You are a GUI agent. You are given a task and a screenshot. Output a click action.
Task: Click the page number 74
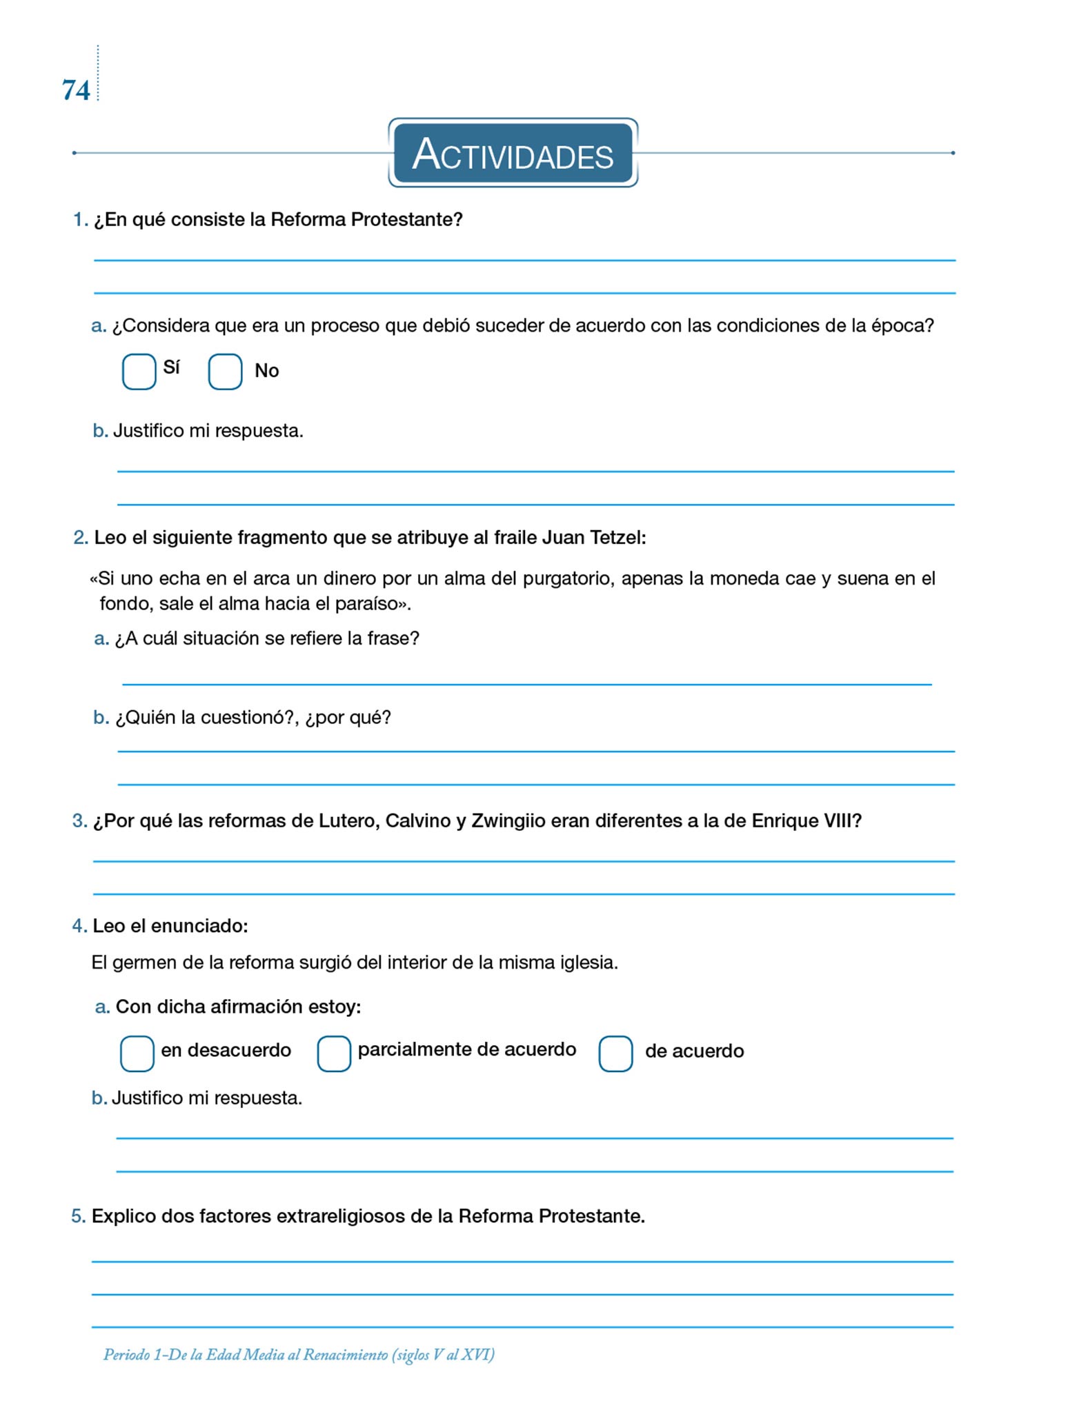pyautogui.click(x=76, y=90)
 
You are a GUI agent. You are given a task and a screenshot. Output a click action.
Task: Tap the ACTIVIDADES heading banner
pyautogui.click(x=513, y=153)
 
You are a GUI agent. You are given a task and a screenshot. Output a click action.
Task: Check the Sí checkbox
pyautogui.click(x=139, y=372)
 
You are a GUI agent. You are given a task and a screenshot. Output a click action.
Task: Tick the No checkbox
pyautogui.click(x=225, y=372)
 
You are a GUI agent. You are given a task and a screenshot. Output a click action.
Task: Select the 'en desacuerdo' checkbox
pyautogui.click(x=137, y=1053)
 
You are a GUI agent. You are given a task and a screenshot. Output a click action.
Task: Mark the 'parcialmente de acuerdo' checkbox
pyautogui.click(x=334, y=1053)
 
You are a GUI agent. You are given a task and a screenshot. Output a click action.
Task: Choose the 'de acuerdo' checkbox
pyautogui.click(x=615, y=1053)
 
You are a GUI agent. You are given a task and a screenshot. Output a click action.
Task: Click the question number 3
pyautogui.click(x=79, y=821)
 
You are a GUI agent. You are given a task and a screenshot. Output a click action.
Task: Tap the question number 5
pyautogui.click(x=78, y=1216)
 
